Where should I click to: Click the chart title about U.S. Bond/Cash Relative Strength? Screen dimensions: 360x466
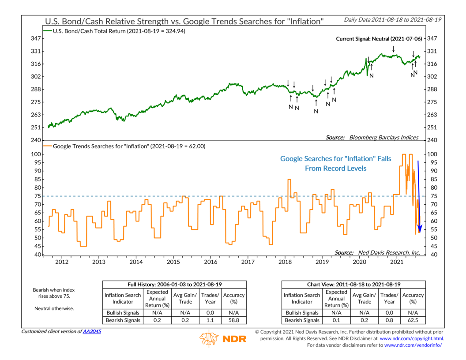tap(186, 21)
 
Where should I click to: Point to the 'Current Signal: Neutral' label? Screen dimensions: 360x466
tap(377, 39)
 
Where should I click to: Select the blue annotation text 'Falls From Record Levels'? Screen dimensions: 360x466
tap(335, 164)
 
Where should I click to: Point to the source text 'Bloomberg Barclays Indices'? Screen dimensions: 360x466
tap(372, 138)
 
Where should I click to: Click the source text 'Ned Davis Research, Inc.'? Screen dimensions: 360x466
tap(377, 252)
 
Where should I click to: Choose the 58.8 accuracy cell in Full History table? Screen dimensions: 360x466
tap(234, 320)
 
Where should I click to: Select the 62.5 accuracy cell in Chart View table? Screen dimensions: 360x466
tap(413, 320)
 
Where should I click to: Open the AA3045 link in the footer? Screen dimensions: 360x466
tap(92, 331)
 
